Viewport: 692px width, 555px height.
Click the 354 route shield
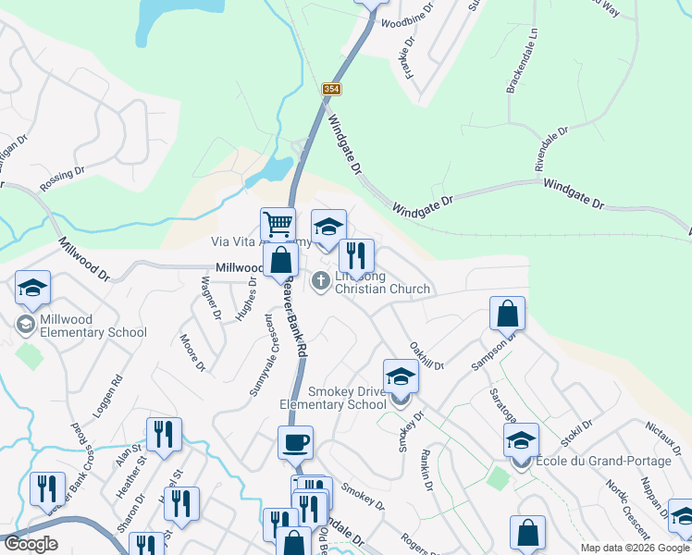(x=332, y=89)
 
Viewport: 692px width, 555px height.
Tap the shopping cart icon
(x=278, y=223)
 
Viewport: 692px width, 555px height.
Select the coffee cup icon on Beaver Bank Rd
(x=295, y=442)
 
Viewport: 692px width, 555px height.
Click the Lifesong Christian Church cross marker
(x=321, y=280)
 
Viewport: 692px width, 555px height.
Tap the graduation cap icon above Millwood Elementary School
(x=32, y=288)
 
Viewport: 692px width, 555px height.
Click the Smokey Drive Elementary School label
(x=334, y=397)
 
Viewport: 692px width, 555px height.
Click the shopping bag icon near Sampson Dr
(x=508, y=314)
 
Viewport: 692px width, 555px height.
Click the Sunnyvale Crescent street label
(x=261, y=355)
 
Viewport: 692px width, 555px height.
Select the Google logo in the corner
(x=30, y=544)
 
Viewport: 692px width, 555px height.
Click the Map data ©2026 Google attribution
(x=636, y=548)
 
